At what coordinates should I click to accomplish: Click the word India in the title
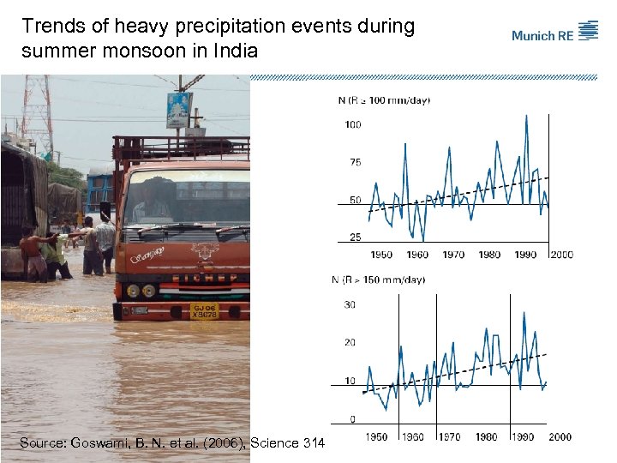tap(235, 51)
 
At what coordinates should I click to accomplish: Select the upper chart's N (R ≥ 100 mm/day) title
tap(384, 100)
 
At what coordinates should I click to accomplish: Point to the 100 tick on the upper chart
tap(352, 125)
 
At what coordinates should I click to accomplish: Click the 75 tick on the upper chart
tap(355, 162)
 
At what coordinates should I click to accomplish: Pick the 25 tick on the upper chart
tap(355, 238)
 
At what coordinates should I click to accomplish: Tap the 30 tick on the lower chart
tap(350, 305)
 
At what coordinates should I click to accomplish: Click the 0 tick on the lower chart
tap(352, 419)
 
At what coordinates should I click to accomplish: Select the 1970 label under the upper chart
tap(453, 255)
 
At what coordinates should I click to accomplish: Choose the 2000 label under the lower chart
tap(560, 437)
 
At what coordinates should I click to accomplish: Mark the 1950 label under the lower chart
tap(376, 437)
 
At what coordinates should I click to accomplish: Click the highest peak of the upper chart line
tap(526, 116)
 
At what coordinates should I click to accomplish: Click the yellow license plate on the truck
tap(204, 310)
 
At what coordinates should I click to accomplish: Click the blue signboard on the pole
tap(179, 110)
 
